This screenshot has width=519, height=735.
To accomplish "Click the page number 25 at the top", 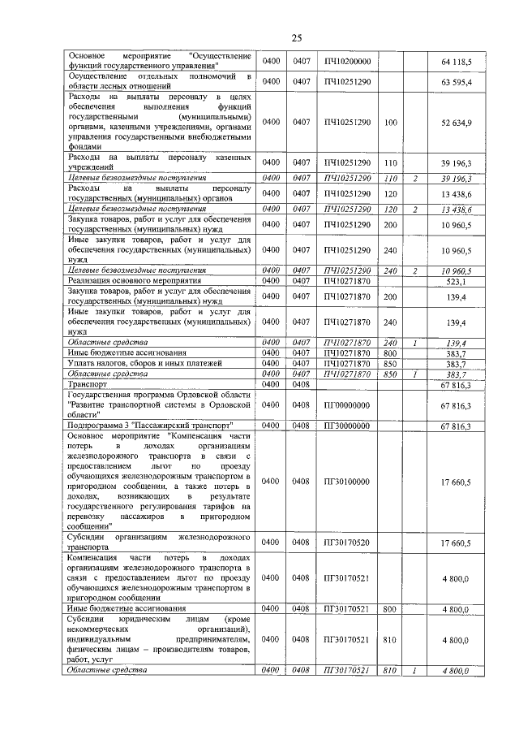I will point(296,37).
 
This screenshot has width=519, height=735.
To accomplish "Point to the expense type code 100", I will point(391,122).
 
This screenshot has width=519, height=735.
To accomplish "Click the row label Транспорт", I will point(88,383).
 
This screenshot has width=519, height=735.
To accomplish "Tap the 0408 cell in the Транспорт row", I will point(302,383).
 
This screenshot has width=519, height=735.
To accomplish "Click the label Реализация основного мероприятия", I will point(133,281).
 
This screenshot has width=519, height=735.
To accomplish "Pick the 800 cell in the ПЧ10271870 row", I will point(391,353).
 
